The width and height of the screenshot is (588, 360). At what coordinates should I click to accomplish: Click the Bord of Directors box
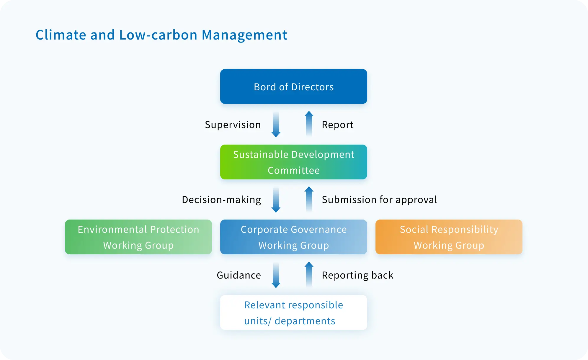pos(294,86)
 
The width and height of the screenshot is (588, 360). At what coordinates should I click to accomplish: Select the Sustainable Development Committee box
pos(294,162)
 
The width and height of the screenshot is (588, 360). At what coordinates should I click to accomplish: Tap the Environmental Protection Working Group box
pos(138,237)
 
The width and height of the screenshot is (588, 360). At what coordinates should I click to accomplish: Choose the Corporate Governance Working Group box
pos(294,237)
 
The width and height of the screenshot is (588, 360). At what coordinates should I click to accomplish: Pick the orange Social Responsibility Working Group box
pos(449,237)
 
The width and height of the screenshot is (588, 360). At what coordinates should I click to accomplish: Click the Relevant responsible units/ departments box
pos(294,312)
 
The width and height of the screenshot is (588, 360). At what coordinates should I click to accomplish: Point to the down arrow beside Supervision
pos(276,125)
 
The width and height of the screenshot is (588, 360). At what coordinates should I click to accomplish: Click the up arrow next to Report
pos(309,124)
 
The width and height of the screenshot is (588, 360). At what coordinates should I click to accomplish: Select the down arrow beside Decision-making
pos(276,200)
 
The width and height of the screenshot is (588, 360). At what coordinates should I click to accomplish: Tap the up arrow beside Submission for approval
pos(309,199)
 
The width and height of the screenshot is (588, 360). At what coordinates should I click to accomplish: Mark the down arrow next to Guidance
pos(276,275)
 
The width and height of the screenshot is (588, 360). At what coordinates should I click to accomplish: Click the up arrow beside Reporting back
pos(309,274)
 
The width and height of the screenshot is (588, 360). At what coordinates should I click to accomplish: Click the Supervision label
pos(233,125)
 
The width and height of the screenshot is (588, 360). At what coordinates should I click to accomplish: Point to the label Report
pos(338,125)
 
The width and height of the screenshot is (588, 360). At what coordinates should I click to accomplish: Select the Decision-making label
pos(221,200)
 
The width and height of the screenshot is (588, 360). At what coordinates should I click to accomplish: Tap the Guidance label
pos(239,275)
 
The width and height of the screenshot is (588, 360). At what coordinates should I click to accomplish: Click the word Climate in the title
pos(61,35)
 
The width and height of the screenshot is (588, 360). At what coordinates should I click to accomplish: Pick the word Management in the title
pos(244,35)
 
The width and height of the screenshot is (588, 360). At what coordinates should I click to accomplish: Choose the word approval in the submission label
pos(416,200)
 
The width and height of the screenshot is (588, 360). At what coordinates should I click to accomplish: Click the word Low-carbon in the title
pos(158,35)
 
